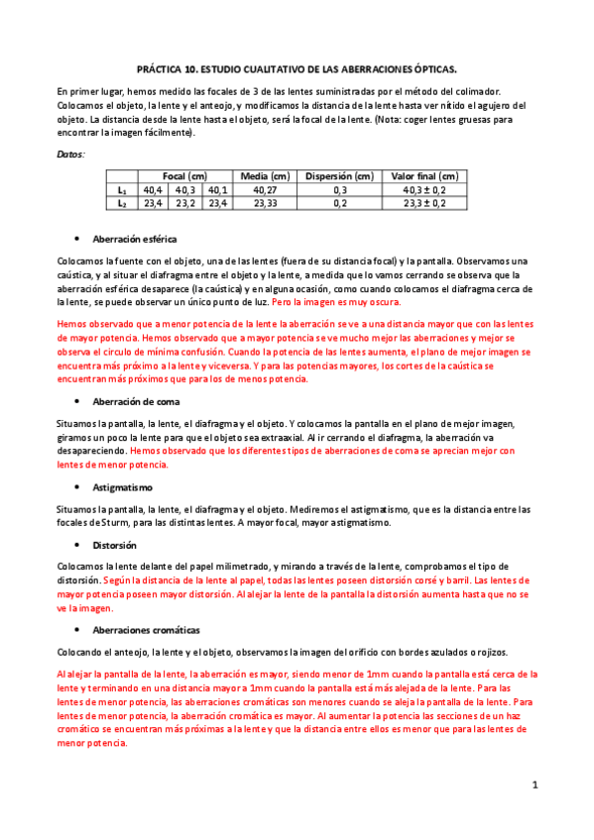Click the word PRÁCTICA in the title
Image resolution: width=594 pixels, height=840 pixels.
(x=161, y=71)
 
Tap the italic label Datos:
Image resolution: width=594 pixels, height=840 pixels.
(x=70, y=156)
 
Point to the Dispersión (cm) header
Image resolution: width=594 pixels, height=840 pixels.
(x=340, y=175)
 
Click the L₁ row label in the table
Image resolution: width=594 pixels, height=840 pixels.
(x=122, y=189)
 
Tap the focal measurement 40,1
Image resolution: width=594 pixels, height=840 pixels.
(x=218, y=189)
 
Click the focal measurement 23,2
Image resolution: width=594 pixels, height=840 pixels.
(x=185, y=202)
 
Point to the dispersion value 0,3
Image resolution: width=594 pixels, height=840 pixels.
(x=340, y=189)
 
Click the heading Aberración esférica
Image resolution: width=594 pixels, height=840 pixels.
(x=135, y=240)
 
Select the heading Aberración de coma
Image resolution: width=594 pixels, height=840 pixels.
(x=136, y=402)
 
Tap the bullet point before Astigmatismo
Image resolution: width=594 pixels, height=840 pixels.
(x=77, y=488)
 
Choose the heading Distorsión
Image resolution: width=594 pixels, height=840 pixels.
(x=114, y=545)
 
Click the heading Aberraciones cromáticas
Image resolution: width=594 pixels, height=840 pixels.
(x=146, y=629)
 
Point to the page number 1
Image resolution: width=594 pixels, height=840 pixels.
(x=535, y=786)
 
